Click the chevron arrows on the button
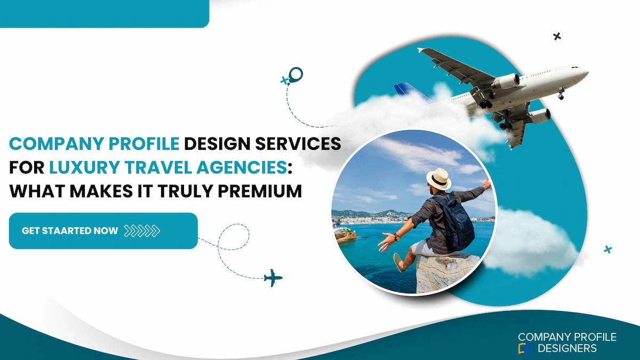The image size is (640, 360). tap(142, 231)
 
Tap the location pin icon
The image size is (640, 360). tap(295, 75)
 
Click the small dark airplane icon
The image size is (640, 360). tap(273, 277)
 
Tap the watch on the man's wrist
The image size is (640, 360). tap(395, 236)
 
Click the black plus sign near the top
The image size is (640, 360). tap(557, 36)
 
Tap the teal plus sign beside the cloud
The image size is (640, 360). tap(607, 249)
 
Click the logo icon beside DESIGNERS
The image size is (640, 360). tap(525, 349)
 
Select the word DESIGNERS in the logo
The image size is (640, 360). tap(567, 349)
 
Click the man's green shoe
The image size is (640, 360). tap(398, 262)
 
